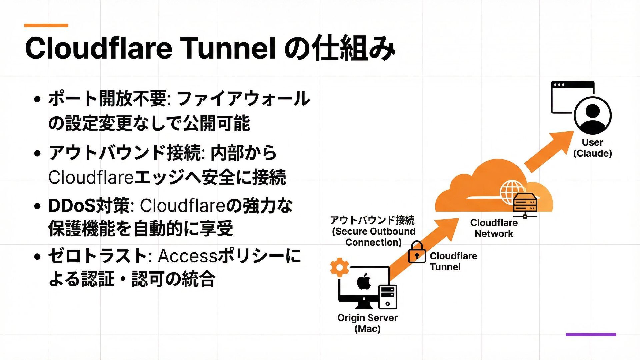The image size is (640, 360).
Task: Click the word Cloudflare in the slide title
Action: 98,48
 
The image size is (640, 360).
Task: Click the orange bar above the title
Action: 46,25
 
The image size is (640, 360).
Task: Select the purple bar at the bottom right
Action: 591,334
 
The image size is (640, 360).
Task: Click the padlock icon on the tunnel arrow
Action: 417,253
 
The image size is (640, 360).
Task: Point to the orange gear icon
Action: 339,267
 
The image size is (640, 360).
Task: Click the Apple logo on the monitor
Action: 364,282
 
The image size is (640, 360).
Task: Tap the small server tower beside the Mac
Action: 388,297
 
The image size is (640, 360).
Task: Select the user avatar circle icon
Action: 593,115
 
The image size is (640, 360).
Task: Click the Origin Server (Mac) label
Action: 367,323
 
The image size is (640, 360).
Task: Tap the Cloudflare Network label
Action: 494,228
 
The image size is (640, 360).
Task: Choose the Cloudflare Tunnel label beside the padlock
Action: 453,261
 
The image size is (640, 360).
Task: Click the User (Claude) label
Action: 592,148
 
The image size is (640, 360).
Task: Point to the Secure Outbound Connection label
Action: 373,231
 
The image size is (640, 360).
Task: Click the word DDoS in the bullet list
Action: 71,206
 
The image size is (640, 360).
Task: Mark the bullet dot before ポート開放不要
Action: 37,99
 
